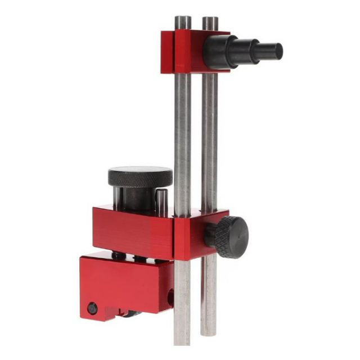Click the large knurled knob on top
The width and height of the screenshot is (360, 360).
[x=140, y=177]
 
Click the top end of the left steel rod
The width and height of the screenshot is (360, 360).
[x=182, y=20]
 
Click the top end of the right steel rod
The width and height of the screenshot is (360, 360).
[x=210, y=21]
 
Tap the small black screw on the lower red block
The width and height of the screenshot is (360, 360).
[x=92, y=308]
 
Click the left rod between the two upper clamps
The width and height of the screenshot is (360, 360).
[x=182, y=141]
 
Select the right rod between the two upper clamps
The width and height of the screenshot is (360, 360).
[x=210, y=141]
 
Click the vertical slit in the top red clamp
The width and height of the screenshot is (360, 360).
[x=175, y=52]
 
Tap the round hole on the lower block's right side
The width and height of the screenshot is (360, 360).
[x=168, y=293]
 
